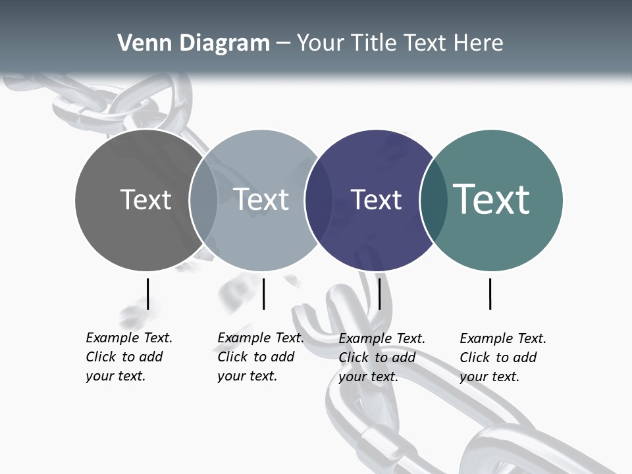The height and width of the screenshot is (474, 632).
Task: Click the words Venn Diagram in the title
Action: (x=194, y=43)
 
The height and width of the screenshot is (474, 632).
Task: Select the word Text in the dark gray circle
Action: (x=145, y=199)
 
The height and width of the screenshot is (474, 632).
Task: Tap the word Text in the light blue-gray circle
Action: (x=261, y=199)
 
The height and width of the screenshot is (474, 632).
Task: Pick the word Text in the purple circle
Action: (x=377, y=199)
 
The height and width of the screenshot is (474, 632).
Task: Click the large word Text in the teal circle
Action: (x=492, y=199)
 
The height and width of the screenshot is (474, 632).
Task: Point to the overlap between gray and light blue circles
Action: (x=203, y=199)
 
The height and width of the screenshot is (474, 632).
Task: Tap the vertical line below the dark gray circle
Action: (x=147, y=294)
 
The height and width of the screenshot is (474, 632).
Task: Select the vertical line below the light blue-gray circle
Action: (x=263, y=294)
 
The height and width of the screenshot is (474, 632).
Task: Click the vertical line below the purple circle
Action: (x=380, y=294)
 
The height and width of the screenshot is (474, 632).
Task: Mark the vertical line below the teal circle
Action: (x=490, y=294)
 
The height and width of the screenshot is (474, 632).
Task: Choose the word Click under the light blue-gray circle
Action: (x=233, y=357)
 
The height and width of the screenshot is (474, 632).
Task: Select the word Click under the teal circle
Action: (x=475, y=357)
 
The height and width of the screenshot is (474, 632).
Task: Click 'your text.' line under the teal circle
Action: (x=490, y=377)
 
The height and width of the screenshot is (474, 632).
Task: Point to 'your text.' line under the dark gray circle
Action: (x=116, y=376)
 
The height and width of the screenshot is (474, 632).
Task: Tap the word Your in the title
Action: (x=320, y=43)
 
